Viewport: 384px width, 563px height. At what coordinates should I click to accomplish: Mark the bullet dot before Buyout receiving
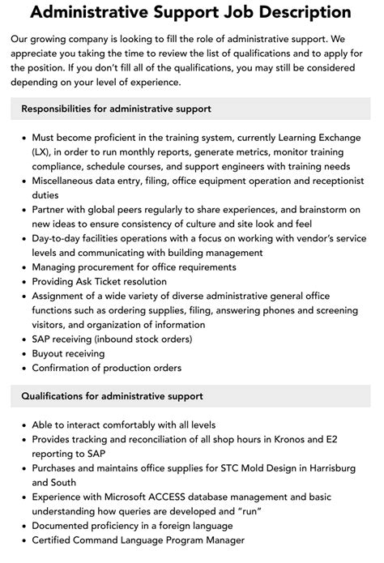pyautogui.click(x=22, y=353)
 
